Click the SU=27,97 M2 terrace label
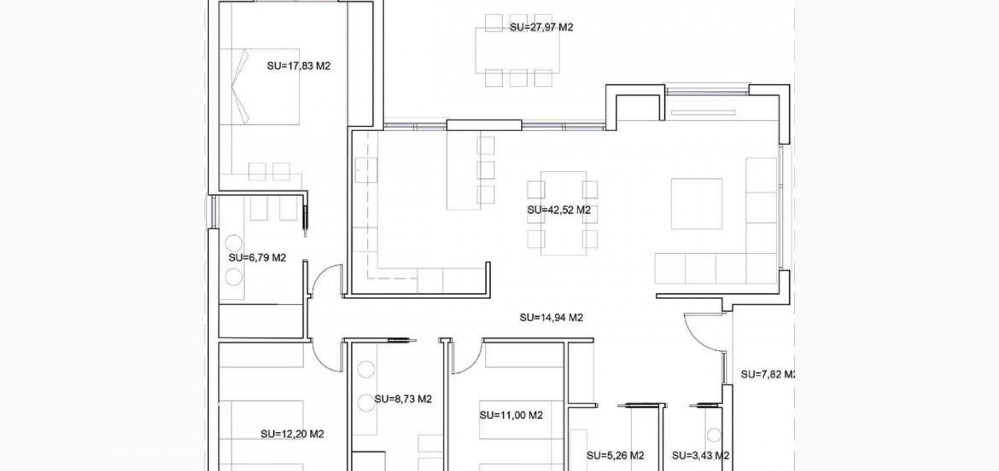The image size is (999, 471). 541,27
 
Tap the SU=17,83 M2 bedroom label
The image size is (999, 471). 298,66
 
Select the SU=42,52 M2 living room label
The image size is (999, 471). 559,210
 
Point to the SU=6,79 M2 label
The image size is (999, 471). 257,258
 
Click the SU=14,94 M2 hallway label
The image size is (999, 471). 551,317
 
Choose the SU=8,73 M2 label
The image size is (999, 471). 403,399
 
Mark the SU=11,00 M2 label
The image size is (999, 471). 510,416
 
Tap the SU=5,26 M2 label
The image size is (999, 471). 615,455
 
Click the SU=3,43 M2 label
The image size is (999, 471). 700,455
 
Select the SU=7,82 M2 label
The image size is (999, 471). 767,374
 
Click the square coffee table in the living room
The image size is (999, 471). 696,204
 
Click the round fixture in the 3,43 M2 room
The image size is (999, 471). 714,435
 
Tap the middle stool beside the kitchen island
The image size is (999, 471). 486,170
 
